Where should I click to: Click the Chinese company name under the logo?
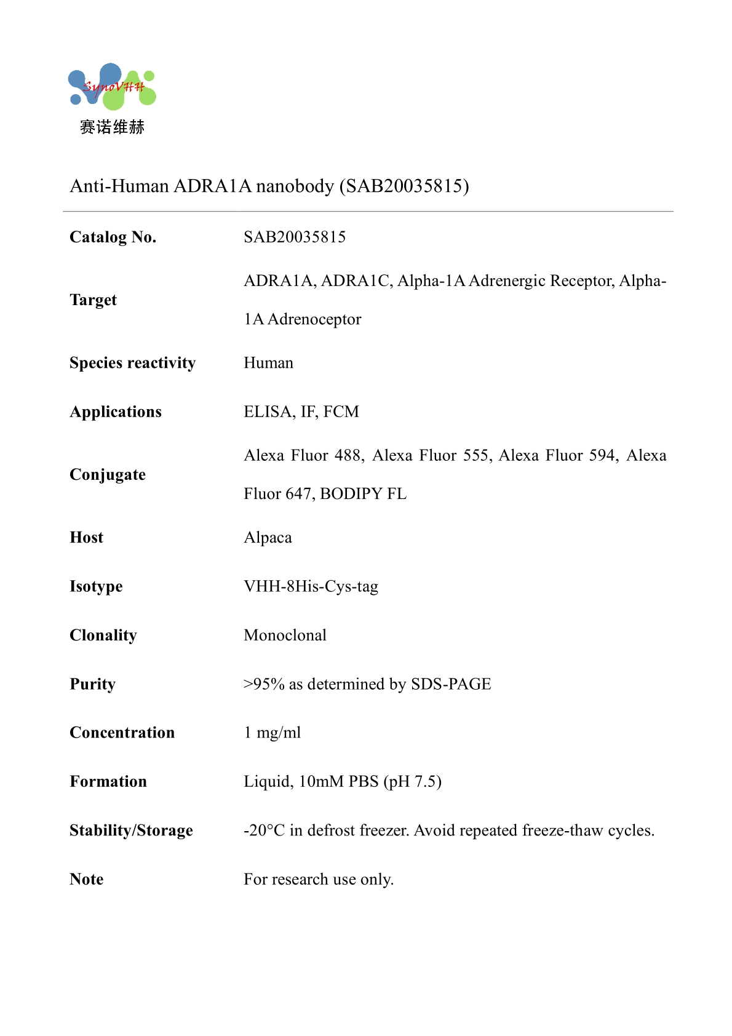click(x=112, y=127)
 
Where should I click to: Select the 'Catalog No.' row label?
click(x=113, y=237)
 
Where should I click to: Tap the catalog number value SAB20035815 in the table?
click(x=295, y=237)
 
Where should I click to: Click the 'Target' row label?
click(x=93, y=300)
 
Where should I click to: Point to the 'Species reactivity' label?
click(x=132, y=363)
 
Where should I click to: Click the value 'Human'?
click(x=268, y=363)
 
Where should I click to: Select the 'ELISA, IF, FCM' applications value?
click(x=301, y=412)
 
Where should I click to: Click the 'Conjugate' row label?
click(x=108, y=475)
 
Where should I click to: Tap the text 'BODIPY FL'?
click(x=363, y=494)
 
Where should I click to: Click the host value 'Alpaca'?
click(x=268, y=538)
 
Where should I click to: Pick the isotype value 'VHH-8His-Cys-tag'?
click(x=311, y=586)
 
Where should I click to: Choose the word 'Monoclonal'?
click(x=285, y=636)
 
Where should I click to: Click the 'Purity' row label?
click(x=92, y=684)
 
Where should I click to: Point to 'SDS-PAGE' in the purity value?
click(x=451, y=684)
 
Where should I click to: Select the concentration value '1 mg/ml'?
click(x=272, y=733)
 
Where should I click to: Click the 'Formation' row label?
click(x=108, y=782)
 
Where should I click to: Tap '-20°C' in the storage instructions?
click(x=264, y=831)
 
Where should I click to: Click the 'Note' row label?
click(x=87, y=880)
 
